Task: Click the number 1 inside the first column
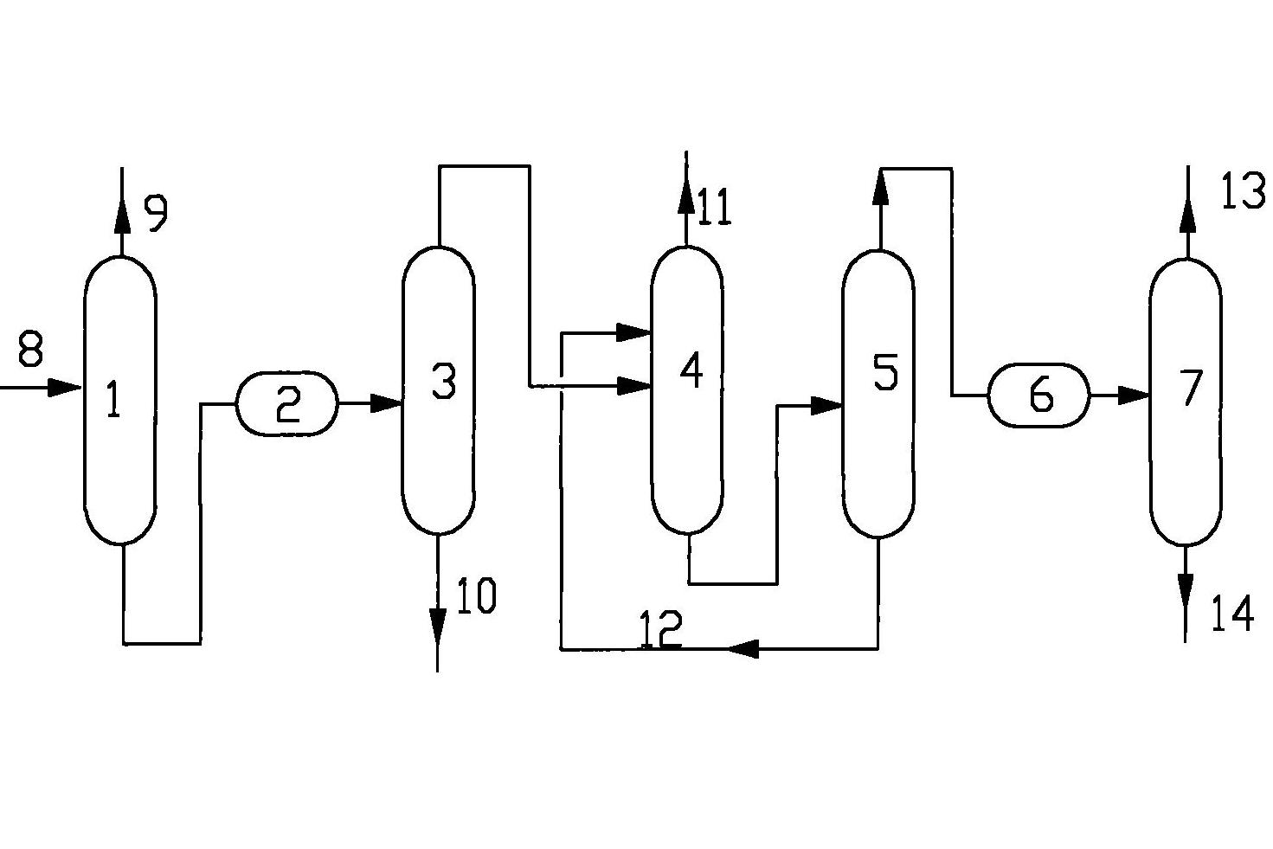coord(113,401)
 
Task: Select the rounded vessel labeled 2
coord(287,403)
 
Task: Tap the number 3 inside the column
coord(443,381)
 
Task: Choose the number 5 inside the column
coord(885,372)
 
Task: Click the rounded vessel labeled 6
coord(1039,396)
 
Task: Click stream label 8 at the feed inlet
coord(29,351)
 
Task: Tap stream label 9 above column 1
coord(156,214)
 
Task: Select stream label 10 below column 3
coord(476,597)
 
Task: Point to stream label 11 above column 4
coord(715,208)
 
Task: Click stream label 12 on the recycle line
coord(661,629)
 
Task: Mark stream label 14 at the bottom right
coord(1231,614)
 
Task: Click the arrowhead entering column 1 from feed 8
coord(66,387)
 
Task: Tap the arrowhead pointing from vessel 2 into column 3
coord(386,402)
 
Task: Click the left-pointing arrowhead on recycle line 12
coord(743,647)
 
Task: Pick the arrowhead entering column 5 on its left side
coord(827,405)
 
